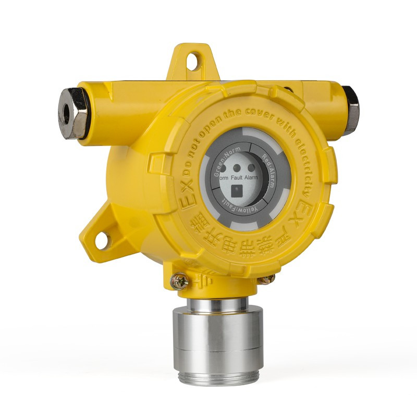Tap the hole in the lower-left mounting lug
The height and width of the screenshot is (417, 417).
(101, 240)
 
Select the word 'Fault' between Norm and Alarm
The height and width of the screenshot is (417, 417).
(240, 178)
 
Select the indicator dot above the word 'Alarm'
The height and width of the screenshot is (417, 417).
(251, 168)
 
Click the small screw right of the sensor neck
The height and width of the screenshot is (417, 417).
(266, 279)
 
